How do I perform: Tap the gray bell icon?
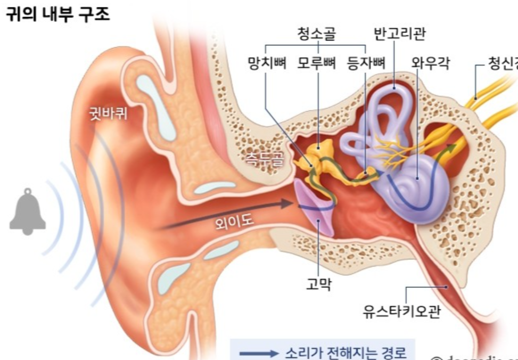click(x=28, y=211)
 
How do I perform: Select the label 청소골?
click(x=317, y=34)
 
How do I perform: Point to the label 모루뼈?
click(x=317, y=63)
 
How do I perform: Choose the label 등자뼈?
click(x=366, y=63)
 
